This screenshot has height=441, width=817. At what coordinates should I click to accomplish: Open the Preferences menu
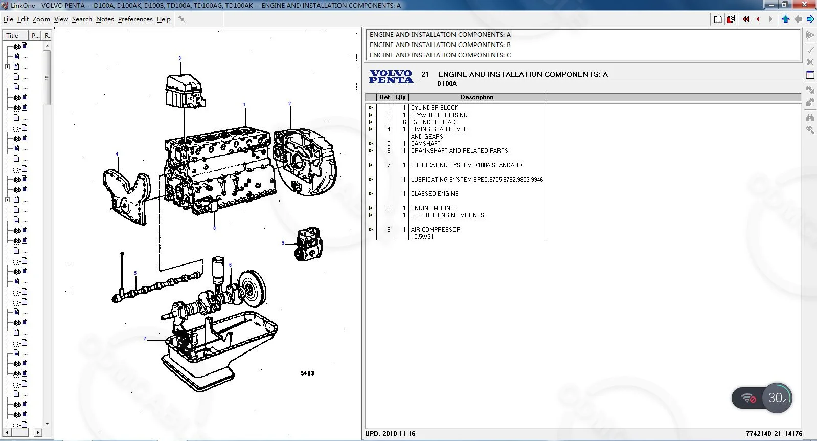pos(135,19)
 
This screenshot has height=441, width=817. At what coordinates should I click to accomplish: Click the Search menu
pos(82,19)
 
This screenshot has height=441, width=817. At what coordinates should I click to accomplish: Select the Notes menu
pos(105,19)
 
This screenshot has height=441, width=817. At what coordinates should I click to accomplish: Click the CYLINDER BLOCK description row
pos(435,108)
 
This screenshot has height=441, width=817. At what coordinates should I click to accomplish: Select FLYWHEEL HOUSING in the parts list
pos(439,115)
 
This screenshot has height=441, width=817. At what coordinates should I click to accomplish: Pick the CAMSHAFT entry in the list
pos(426,143)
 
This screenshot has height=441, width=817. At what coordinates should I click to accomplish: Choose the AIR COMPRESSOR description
pos(436,230)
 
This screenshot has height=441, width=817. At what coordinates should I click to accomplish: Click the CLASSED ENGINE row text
pos(435,194)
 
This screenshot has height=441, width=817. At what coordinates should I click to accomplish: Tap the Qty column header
pos(400,97)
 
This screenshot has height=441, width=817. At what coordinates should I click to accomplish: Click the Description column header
pos(476,97)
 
